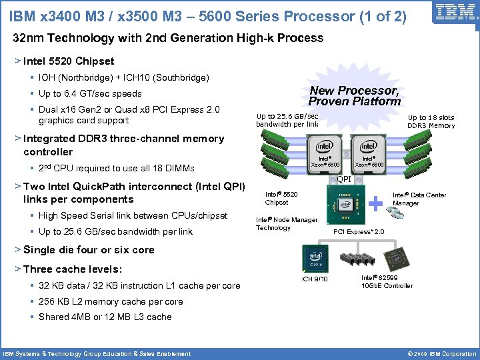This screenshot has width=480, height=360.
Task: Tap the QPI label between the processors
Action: point(344,179)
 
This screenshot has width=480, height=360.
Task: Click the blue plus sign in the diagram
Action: point(378,203)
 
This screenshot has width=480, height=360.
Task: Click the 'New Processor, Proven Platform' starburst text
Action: point(354,95)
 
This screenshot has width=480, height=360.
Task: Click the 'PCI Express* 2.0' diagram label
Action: point(359,232)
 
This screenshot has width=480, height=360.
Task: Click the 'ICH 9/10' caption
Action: point(315,279)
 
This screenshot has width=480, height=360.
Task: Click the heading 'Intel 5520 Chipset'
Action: point(68,61)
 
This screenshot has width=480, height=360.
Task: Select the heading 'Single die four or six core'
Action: point(89,250)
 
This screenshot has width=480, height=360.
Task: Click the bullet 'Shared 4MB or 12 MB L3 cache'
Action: point(105,317)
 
